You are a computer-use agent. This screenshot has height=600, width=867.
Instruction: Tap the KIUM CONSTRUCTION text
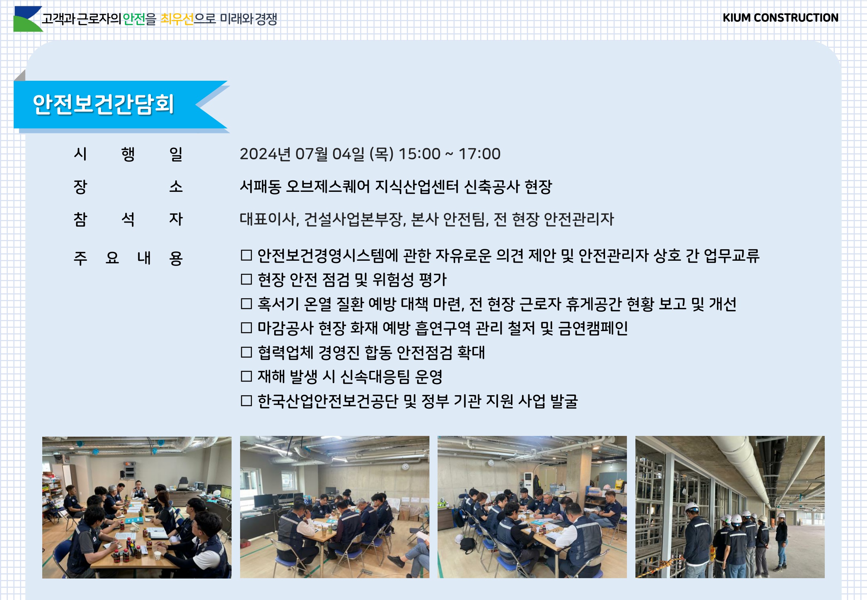pyautogui.click(x=780, y=18)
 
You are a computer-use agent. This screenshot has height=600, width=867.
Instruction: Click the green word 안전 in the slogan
pyautogui.click(x=134, y=19)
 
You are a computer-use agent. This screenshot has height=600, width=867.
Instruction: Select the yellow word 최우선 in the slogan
pyautogui.click(x=177, y=19)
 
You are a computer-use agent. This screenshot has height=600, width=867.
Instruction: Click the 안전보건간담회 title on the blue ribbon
pyautogui.click(x=103, y=104)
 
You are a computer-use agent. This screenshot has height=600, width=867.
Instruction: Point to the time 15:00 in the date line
pyautogui.click(x=419, y=154)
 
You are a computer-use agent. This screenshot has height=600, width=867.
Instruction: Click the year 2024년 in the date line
pyautogui.click(x=265, y=154)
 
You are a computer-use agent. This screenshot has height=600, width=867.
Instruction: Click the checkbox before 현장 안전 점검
pyautogui.click(x=246, y=279)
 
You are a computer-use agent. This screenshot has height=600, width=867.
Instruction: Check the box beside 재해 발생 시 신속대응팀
pyautogui.click(x=246, y=376)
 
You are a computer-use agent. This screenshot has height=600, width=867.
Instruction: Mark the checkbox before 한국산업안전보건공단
pyautogui.click(x=246, y=401)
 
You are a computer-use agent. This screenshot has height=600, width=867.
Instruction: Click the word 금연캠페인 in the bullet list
pyautogui.click(x=593, y=328)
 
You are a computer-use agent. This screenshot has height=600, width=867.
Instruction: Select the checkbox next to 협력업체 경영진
pyautogui.click(x=246, y=352)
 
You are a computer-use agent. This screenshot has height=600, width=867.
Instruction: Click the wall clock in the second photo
pyautogui.click(x=405, y=467)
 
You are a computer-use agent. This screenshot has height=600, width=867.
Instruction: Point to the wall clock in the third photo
pyautogui.click(x=491, y=463)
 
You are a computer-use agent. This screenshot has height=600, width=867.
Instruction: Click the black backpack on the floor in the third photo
pyautogui.click(x=468, y=546)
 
